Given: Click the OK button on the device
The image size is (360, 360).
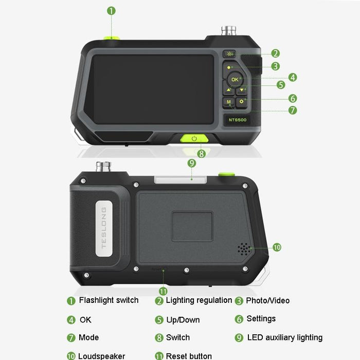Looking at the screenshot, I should [x=235, y=79].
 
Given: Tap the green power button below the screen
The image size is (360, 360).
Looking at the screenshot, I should [x=194, y=138].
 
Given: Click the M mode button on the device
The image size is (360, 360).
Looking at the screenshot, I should [x=228, y=102].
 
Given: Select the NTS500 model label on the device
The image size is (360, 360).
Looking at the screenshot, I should [x=237, y=120].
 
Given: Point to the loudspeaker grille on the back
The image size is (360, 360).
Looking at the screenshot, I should [x=244, y=248].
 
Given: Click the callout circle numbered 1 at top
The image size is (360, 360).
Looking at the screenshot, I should [x=112, y=10].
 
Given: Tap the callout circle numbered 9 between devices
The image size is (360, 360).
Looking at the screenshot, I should [x=192, y=163].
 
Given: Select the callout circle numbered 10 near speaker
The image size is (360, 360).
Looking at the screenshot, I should [x=277, y=247].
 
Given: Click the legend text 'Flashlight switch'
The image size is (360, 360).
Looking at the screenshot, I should [x=109, y=300].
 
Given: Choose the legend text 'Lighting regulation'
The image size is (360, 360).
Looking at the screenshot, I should [x=199, y=300].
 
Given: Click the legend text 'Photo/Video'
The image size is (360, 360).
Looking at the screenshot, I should [x=267, y=301].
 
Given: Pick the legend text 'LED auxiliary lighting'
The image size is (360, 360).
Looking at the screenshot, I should [x=285, y=338].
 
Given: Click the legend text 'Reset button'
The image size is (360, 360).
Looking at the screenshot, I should [x=189, y=356].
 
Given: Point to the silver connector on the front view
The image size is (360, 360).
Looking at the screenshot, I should [x=226, y=31].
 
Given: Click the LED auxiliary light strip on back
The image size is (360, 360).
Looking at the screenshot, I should [x=185, y=179].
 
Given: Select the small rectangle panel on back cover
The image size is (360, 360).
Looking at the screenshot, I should [x=192, y=226].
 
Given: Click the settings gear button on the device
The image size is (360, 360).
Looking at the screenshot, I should [x=243, y=101].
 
